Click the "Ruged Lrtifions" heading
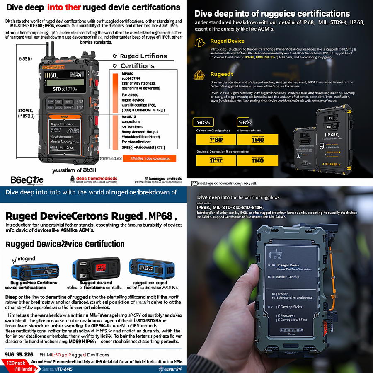point(143,56)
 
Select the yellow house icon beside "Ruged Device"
point(200,42)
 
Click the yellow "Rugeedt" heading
point(222,74)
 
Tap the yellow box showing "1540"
point(257,140)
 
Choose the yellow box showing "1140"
point(257,160)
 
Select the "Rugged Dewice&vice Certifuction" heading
point(65,244)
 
